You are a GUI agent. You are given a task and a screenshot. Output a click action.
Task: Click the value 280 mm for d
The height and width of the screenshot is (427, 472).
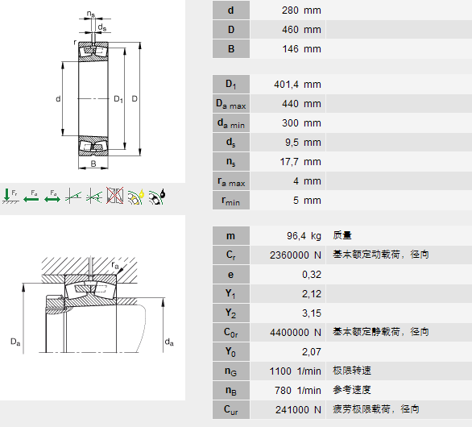point(301,10)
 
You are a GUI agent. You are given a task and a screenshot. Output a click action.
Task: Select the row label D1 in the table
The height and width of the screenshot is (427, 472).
point(231,84)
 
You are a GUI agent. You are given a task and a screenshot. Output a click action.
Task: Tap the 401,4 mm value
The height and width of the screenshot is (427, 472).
point(297,85)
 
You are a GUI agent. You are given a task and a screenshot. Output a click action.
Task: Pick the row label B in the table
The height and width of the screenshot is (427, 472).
point(231,49)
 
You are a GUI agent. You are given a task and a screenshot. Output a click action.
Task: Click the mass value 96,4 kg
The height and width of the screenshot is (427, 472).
point(304,236)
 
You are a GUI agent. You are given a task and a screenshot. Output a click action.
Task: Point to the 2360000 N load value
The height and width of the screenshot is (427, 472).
point(296,255)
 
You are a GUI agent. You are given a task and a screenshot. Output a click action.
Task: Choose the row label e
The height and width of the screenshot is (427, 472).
point(230,275)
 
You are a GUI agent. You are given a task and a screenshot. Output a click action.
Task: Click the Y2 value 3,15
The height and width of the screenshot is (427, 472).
point(312,313)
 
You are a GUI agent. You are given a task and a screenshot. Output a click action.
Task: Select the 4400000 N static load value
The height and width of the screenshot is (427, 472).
point(296,333)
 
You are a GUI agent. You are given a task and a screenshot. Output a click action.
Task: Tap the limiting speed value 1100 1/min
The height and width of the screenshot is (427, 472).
point(296,371)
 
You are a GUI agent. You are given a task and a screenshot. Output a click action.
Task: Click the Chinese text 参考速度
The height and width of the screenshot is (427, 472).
point(352,390)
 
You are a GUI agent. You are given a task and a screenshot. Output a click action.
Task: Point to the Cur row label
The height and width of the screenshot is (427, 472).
point(231,410)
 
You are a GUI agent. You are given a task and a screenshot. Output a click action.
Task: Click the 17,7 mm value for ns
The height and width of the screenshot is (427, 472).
point(300,162)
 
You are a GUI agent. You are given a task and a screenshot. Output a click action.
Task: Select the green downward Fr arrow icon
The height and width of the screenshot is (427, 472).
point(10,196)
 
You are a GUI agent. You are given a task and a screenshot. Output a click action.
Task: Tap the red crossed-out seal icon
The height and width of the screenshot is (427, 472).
point(114,195)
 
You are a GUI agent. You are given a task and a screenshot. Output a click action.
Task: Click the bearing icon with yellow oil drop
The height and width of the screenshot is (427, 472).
point(136,197)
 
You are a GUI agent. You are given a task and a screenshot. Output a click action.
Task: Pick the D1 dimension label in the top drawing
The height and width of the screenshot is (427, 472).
point(118,99)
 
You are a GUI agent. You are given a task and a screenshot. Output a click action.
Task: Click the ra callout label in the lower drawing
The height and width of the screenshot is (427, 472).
point(115,265)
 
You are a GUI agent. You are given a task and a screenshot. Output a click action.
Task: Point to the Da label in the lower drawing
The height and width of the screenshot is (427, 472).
point(15,342)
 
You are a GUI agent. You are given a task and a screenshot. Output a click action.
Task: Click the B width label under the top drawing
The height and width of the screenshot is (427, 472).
point(93,164)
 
